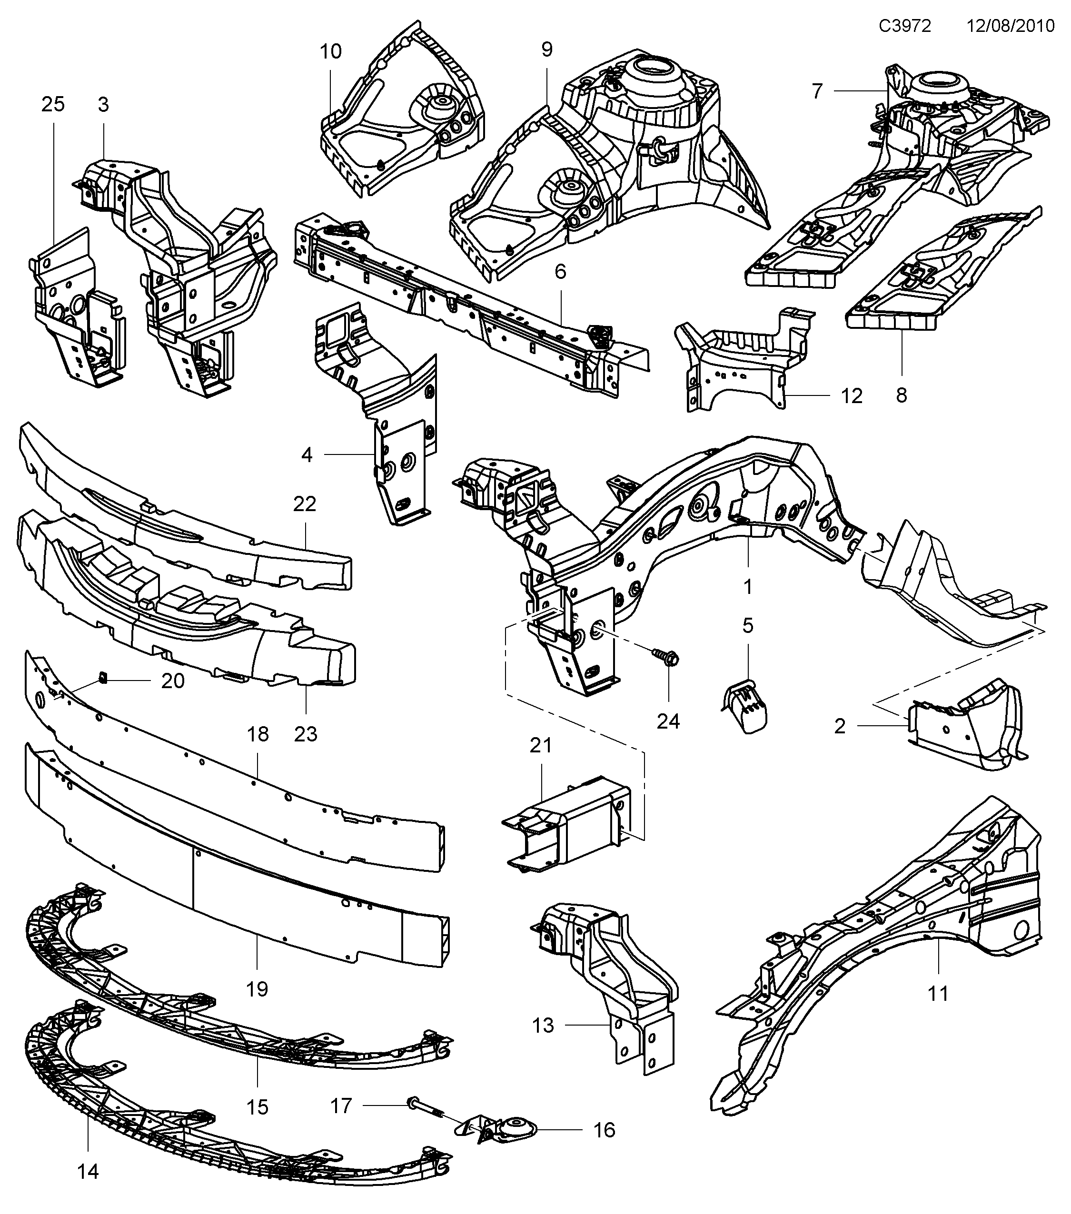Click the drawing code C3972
click(x=905, y=26)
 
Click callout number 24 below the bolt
click(x=668, y=721)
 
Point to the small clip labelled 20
click(x=103, y=677)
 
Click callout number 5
click(x=747, y=625)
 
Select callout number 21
click(x=541, y=745)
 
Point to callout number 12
click(x=851, y=395)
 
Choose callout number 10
click(x=331, y=52)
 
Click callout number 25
click(x=53, y=105)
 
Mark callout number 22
click(x=305, y=504)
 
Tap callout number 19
click(x=257, y=989)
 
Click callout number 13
click(x=543, y=1025)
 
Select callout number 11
click(x=938, y=992)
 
